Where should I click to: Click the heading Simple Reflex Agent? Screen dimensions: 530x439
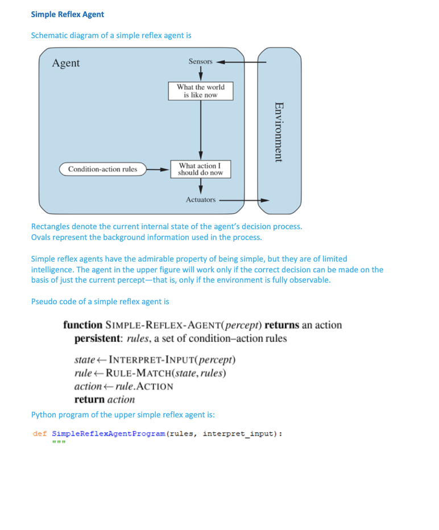coord(67,14)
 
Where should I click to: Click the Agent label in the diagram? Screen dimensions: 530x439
coord(66,63)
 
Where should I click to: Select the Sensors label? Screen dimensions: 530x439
coord(200,61)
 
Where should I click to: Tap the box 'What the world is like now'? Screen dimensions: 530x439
coord(200,91)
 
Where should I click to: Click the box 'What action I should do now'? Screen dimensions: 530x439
coord(200,169)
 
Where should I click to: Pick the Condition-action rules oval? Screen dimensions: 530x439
coord(102,169)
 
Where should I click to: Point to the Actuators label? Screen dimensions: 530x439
coord(201,200)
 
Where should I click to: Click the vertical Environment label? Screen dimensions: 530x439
coord(279,131)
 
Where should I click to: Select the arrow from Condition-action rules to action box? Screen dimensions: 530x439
coord(158,169)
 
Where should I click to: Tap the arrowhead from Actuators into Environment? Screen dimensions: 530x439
coord(264,200)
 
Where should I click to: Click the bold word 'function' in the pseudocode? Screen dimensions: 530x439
coord(82,325)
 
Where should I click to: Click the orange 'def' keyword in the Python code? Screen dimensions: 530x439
coord(39,434)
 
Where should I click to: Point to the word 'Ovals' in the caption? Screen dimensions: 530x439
coord(42,237)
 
